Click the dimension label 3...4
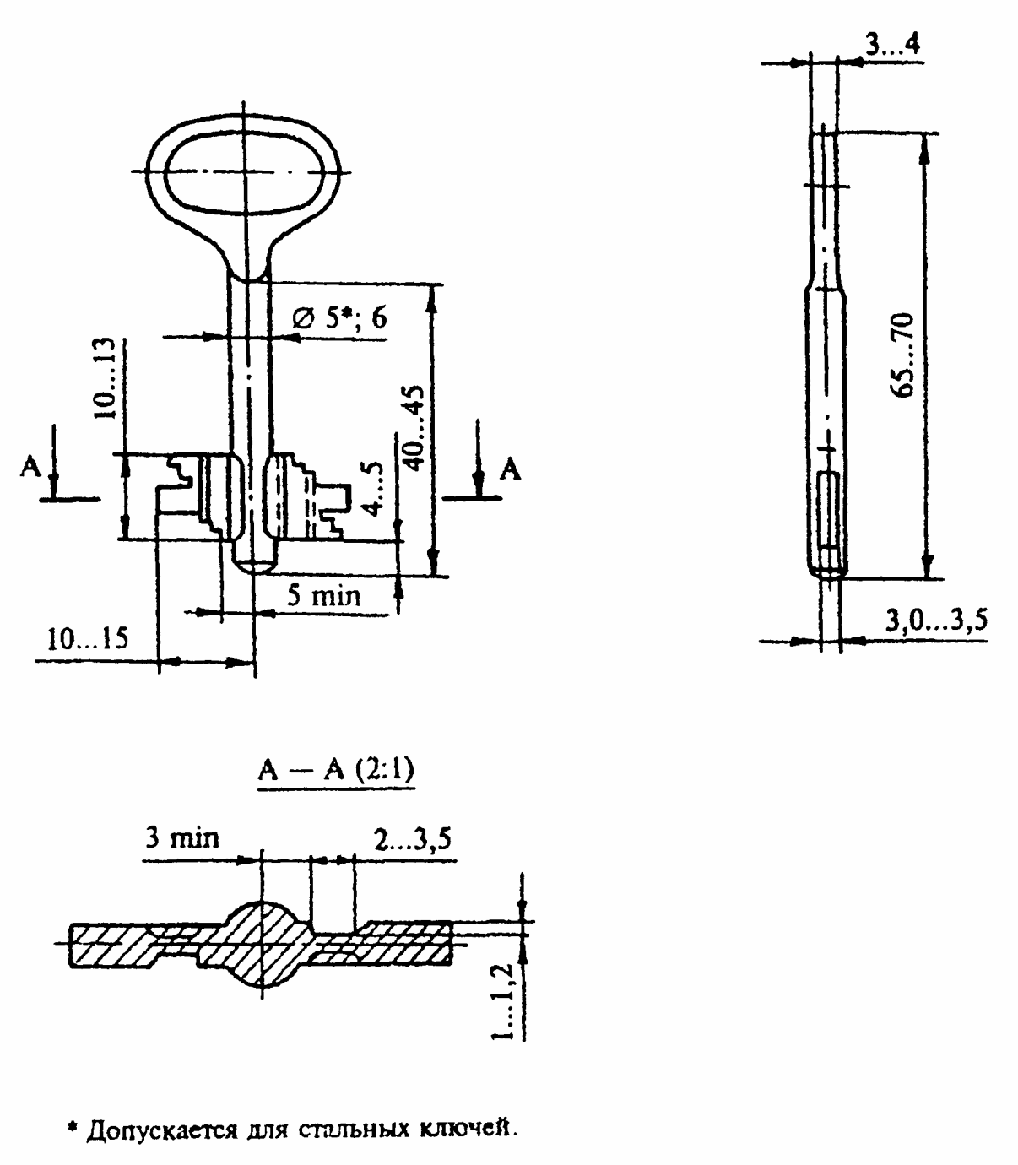pyautogui.click(x=892, y=44)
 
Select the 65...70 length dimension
pyautogui.click(x=902, y=355)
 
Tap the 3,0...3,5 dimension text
pyautogui.click(x=936, y=620)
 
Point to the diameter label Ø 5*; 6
pyautogui.click(x=340, y=317)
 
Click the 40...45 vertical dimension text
pyautogui.click(x=416, y=428)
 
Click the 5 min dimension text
pyautogui.click(x=323, y=596)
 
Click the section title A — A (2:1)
pyautogui.click(x=337, y=772)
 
